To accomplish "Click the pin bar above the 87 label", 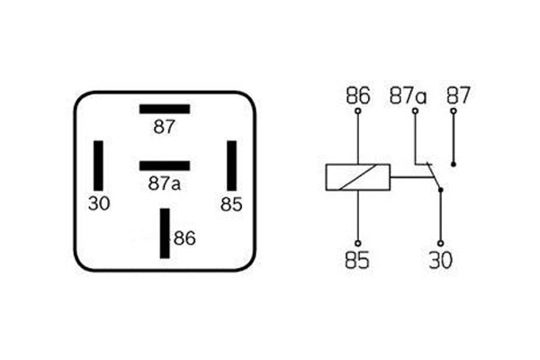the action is click(x=165, y=109).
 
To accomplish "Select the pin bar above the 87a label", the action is click(x=165, y=166).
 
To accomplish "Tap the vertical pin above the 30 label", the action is click(x=98, y=166).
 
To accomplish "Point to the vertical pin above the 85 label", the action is click(x=232, y=166).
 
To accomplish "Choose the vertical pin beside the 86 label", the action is click(x=165, y=233).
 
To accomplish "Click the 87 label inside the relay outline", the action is click(x=165, y=127).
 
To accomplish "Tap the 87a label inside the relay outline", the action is click(x=165, y=184).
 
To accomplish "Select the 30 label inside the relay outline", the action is click(x=99, y=203).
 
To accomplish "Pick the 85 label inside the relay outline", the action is click(x=231, y=204).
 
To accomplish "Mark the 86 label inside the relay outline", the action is click(x=184, y=238).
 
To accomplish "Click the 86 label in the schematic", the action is click(x=358, y=95).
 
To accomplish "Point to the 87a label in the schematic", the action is click(x=408, y=95).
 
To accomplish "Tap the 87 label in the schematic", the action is click(x=458, y=95).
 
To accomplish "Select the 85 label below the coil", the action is click(x=357, y=260).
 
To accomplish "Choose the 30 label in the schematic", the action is click(x=440, y=260).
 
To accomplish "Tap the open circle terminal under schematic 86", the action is click(x=358, y=111).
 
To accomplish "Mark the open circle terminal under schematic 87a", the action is click(x=415, y=111).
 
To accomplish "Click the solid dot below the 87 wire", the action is click(x=454, y=165).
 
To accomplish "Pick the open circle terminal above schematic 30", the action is click(x=440, y=244).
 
